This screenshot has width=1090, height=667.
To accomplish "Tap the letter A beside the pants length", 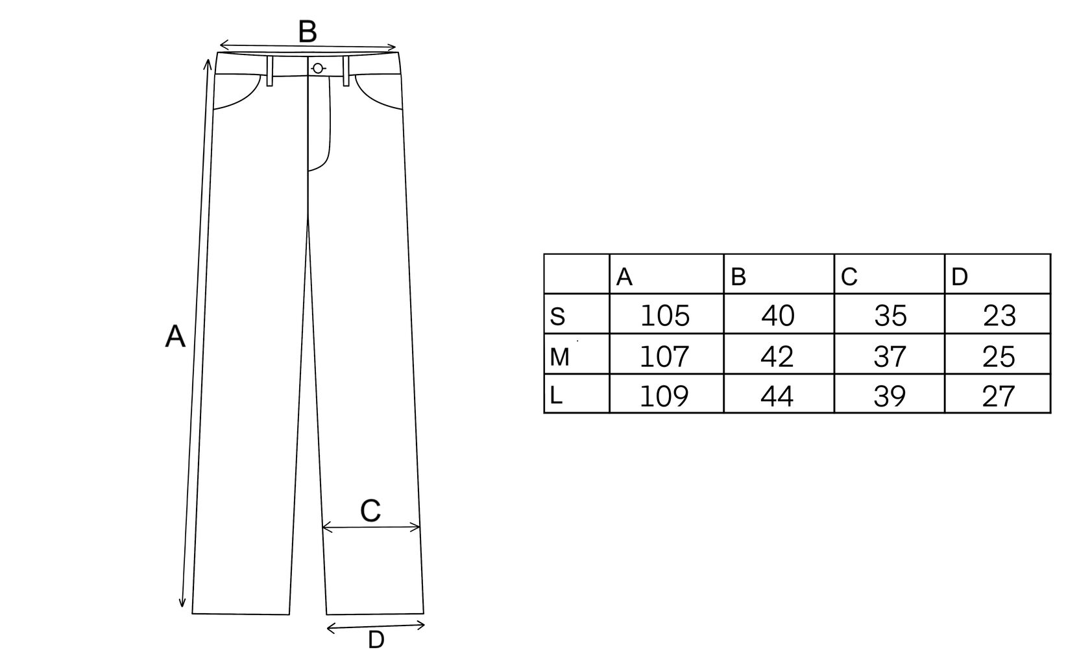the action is tap(175, 337).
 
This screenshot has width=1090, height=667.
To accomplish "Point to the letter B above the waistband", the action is tap(308, 32).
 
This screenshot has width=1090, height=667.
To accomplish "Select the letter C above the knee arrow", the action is tap(370, 511).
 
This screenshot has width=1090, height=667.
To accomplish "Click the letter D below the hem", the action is tap(376, 640).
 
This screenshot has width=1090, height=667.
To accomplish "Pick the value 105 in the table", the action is tap(665, 316).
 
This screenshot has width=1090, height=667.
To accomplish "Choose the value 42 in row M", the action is tap(777, 357).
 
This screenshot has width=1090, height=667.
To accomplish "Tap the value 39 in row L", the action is tap(890, 396).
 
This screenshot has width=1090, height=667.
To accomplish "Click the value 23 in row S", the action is tap(999, 316).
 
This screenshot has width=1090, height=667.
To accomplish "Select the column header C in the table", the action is tap(849, 277).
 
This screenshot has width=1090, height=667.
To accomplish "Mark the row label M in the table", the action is tap(559, 357).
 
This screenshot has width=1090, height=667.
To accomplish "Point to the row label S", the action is tap(557, 317).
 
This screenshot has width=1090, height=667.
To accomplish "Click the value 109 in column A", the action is tap(664, 396).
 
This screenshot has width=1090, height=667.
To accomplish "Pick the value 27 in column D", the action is tap(999, 396).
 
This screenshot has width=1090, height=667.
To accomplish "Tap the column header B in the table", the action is tap(738, 277).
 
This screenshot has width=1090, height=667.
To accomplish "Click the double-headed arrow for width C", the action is tap(371, 528).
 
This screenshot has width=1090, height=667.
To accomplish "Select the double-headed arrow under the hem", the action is tap(376, 626).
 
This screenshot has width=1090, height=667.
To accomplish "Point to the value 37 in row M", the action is tap(890, 357).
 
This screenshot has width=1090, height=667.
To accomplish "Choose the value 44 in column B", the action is tap(777, 396).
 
